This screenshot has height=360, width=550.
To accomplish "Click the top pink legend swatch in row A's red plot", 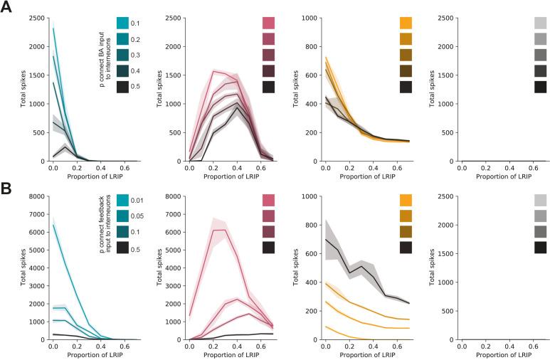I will [268, 24].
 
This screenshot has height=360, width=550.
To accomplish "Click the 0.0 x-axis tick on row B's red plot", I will [189, 346].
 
